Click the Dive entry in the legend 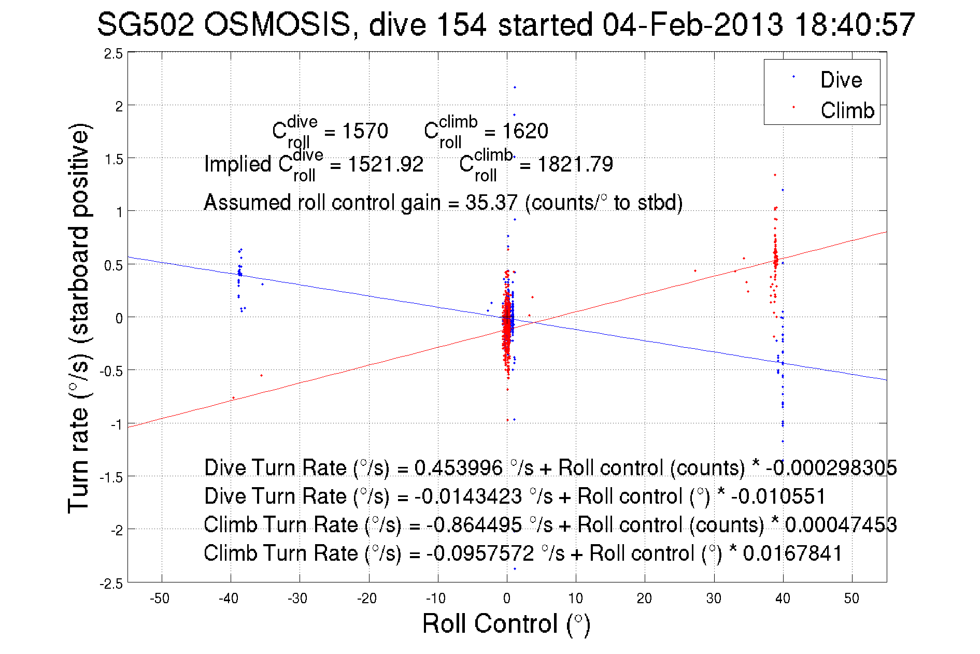click(x=841, y=80)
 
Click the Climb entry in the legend click(x=847, y=110)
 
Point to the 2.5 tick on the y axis click(x=113, y=54)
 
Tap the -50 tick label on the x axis click(x=160, y=599)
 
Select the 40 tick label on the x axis click(x=782, y=599)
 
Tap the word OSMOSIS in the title click(x=277, y=24)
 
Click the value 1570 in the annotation click(x=365, y=131)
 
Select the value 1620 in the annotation click(x=525, y=131)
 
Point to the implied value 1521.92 click(x=386, y=164)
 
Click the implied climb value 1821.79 click(x=575, y=164)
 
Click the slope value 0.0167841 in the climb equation click(x=792, y=553)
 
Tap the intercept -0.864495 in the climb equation click(x=474, y=525)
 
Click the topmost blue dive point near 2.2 click(x=515, y=87)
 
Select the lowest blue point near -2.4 click(x=515, y=569)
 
